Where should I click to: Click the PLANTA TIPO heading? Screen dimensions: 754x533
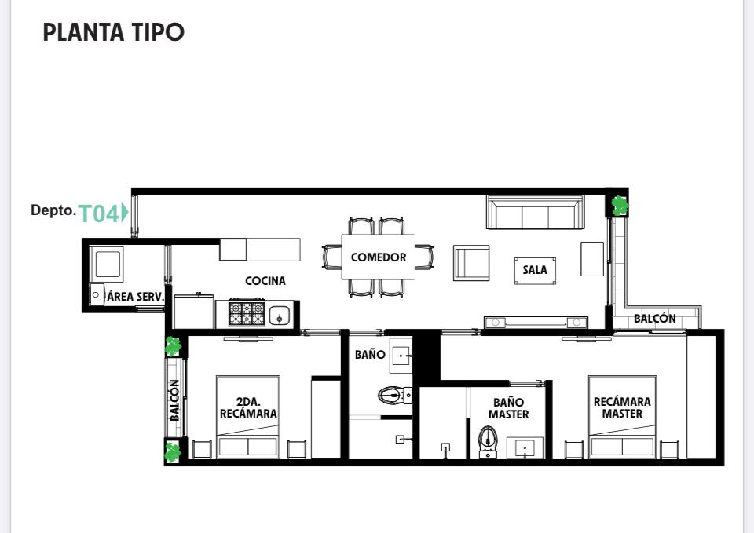click(113, 32)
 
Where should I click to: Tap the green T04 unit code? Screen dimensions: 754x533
click(99, 214)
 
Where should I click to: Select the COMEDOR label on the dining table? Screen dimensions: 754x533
click(379, 257)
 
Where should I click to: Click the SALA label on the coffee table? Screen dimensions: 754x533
click(535, 269)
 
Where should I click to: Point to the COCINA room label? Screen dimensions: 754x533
click(265, 281)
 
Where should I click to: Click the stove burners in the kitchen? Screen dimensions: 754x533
click(247, 313)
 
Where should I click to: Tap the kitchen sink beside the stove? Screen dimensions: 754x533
click(280, 316)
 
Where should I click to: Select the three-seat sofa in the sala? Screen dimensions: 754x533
click(535, 212)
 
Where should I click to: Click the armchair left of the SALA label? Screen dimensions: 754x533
click(471, 263)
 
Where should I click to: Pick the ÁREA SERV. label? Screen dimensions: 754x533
click(135, 297)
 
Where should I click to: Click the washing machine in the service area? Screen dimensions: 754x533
click(107, 263)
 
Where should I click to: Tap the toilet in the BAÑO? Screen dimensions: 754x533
click(395, 396)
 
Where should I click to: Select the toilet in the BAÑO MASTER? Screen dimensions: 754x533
click(488, 442)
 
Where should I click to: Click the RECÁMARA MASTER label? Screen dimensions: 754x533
click(622, 407)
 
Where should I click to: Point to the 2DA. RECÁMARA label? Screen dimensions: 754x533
click(248, 407)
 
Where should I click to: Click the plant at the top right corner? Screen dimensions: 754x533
click(620, 205)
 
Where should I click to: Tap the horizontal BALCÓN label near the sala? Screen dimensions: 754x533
click(654, 318)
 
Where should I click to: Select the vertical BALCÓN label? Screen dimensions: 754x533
click(174, 400)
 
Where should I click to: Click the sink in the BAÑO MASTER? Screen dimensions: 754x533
click(525, 448)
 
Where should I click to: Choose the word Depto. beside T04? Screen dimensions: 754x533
click(53, 210)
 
